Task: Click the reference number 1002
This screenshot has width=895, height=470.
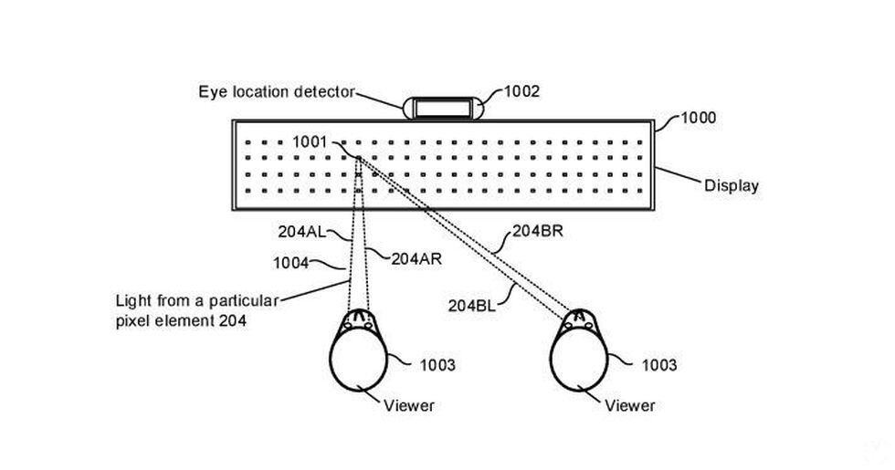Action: pos(521,91)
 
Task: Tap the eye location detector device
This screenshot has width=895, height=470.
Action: pos(443,108)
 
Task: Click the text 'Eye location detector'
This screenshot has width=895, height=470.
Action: pos(276,91)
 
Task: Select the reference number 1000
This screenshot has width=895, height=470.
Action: pos(699,118)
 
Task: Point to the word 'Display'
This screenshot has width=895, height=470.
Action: pos(731,186)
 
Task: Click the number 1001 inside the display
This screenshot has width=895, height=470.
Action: pos(309,141)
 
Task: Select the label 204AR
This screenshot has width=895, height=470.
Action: pos(416,258)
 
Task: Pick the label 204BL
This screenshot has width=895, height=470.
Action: pos(472,306)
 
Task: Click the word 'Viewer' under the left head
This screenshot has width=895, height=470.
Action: pos(408,405)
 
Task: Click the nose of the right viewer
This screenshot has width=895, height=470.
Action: pos(580,312)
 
